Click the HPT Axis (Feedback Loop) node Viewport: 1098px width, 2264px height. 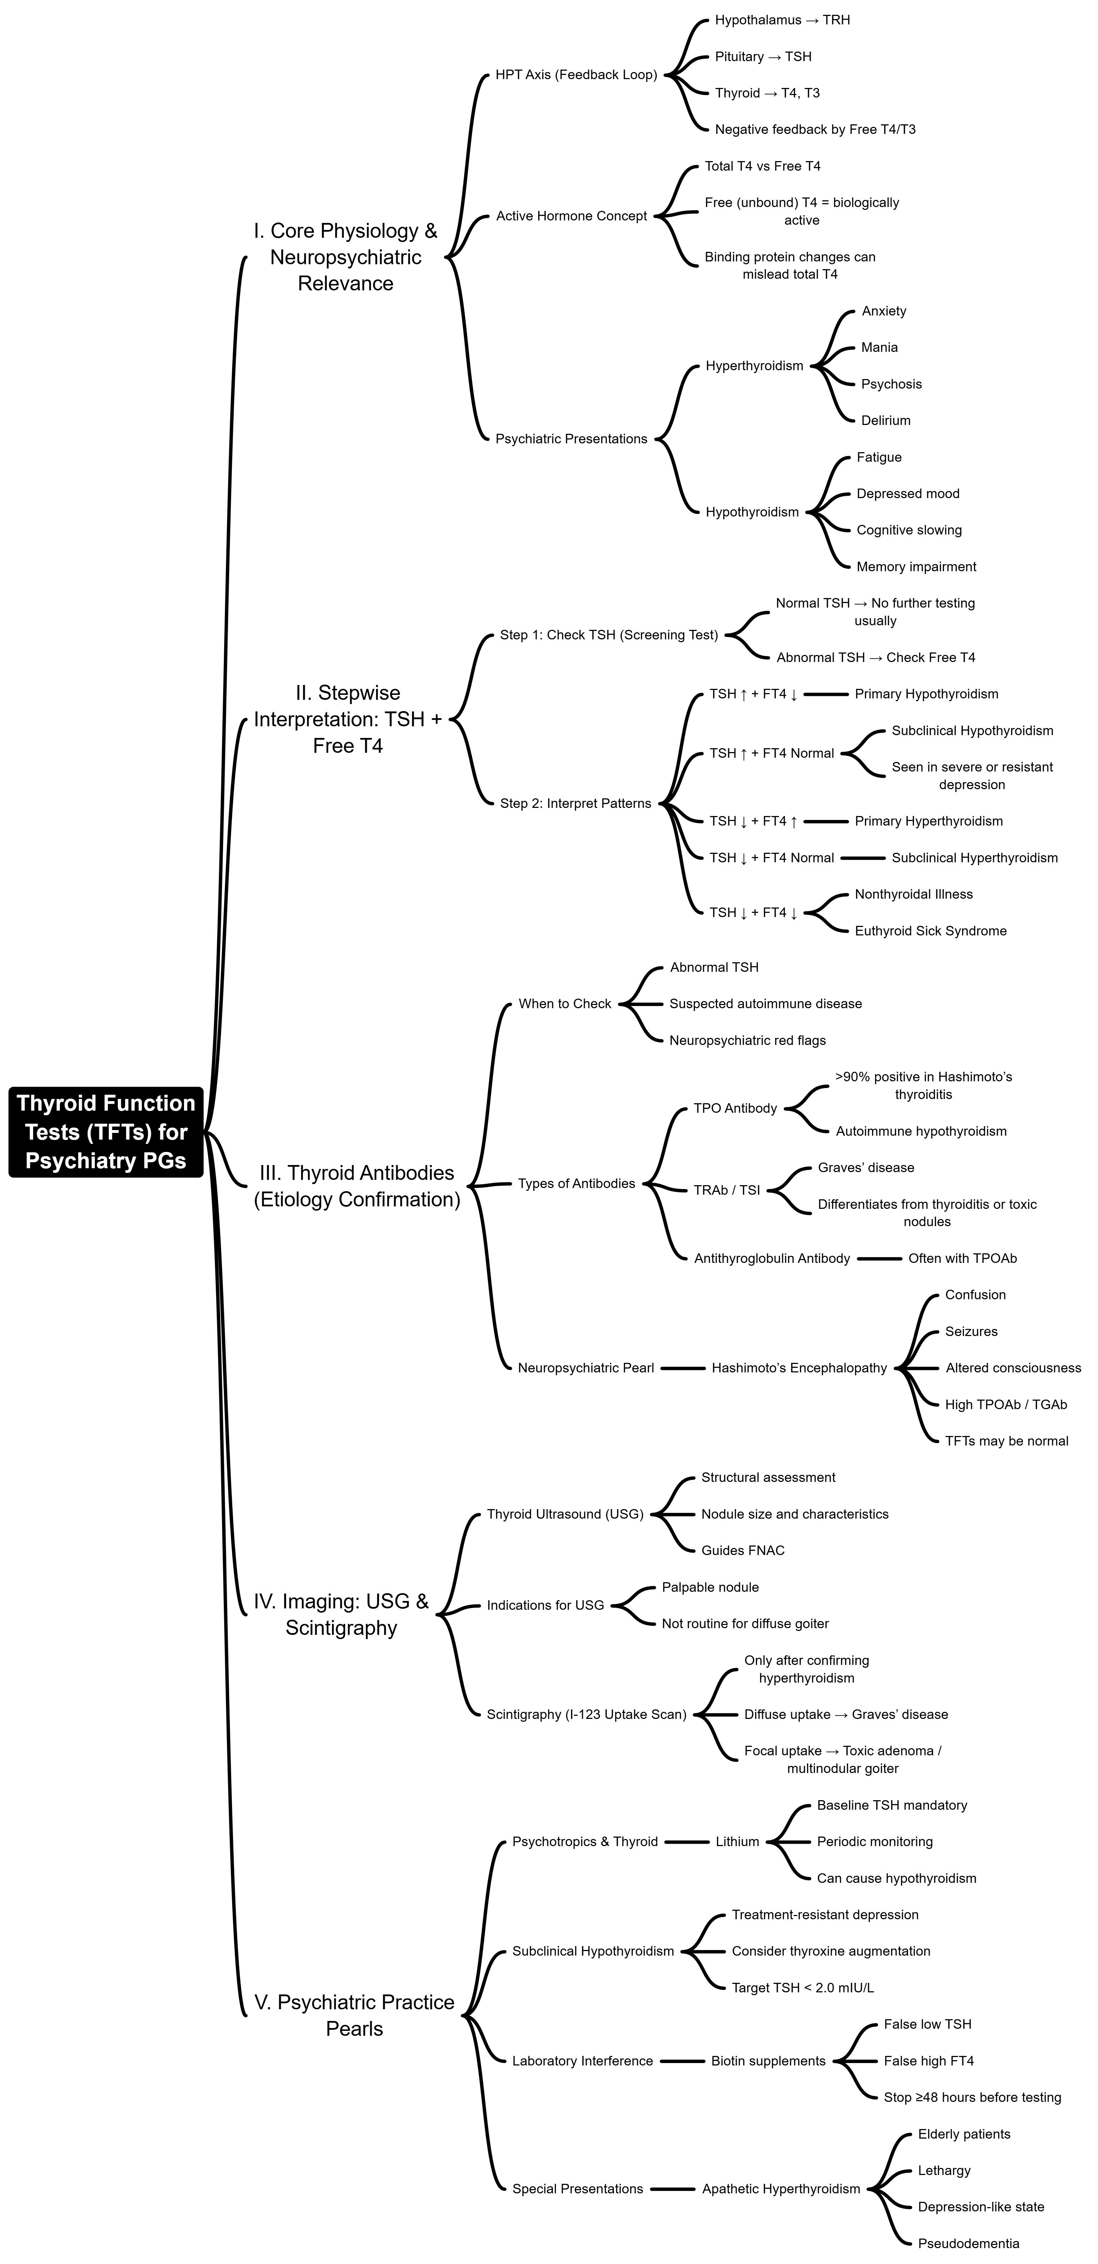(x=575, y=75)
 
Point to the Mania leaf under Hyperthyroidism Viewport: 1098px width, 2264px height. (x=879, y=347)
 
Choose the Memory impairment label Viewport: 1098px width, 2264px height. (x=916, y=567)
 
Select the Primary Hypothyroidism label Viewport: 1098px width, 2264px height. (x=926, y=694)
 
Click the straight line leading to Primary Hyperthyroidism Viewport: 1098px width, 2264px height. (x=826, y=821)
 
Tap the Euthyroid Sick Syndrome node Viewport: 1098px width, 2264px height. (x=930, y=931)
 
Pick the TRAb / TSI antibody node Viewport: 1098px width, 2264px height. (x=727, y=1190)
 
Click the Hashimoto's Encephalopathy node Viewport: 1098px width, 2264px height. (x=799, y=1367)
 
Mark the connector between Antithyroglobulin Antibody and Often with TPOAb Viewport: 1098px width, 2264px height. (x=879, y=1259)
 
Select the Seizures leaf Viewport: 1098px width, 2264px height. (x=971, y=1331)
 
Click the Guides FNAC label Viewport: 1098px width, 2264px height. (x=742, y=1550)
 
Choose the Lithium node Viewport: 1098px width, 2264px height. (x=737, y=1841)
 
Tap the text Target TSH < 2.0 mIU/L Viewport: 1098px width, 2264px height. (x=802, y=1987)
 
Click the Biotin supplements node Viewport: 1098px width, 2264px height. (x=768, y=2061)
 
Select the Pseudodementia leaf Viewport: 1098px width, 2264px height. (x=968, y=2243)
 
